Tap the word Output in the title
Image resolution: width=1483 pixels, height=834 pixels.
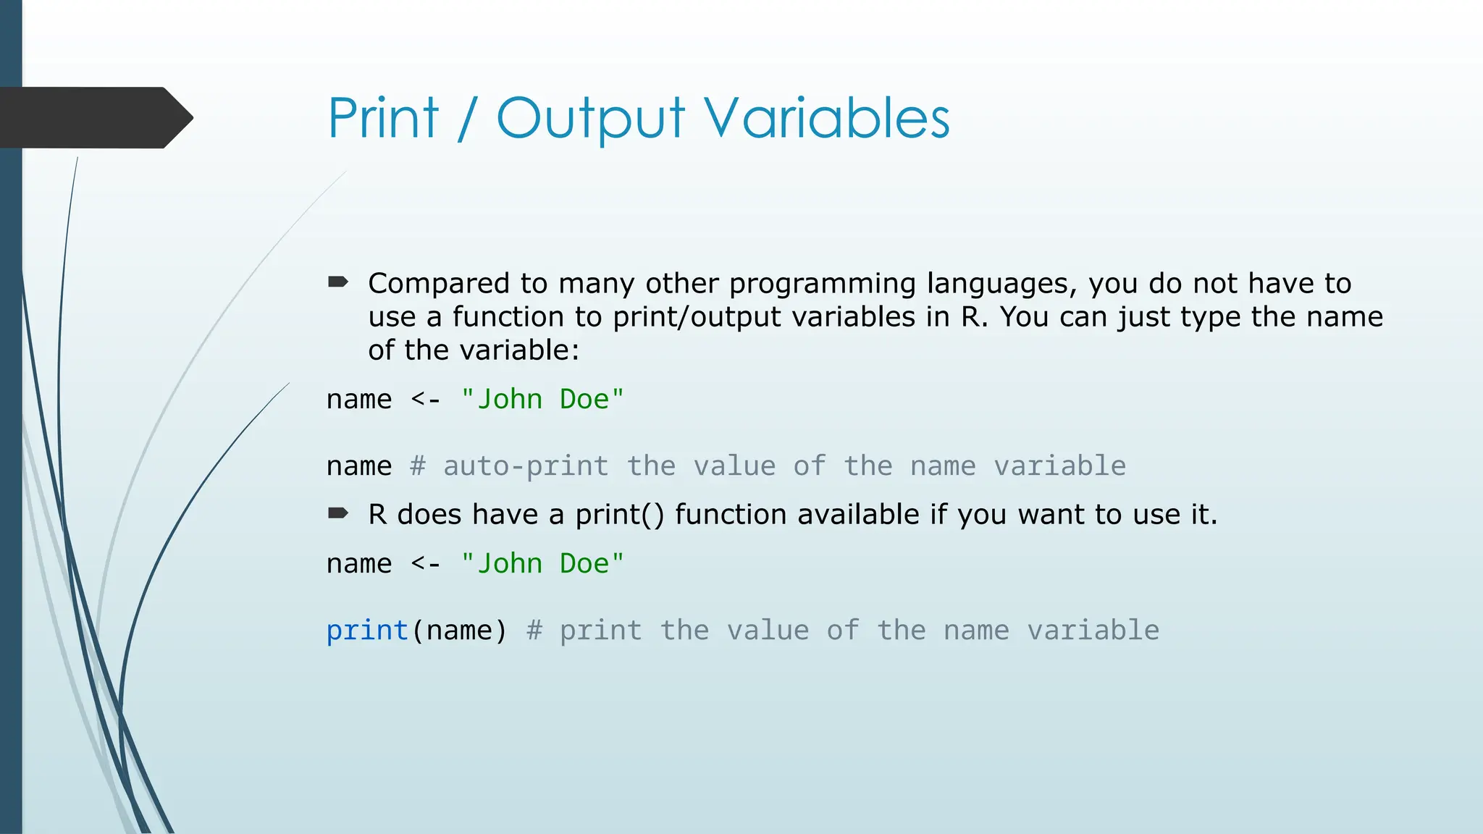(x=590, y=119)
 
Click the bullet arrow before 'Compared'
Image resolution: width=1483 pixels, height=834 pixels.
(x=338, y=282)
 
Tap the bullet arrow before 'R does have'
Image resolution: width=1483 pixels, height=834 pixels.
(x=338, y=514)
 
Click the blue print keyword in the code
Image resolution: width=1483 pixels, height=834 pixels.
(x=367, y=631)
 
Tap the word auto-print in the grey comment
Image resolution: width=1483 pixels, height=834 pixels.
(x=526, y=466)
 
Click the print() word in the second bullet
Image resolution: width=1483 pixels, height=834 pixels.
(x=619, y=515)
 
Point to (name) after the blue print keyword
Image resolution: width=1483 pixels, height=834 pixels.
(x=459, y=631)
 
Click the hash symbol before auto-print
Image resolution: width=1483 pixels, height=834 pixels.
(x=418, y=466)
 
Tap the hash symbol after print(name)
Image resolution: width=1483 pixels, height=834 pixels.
(x=534, y=631)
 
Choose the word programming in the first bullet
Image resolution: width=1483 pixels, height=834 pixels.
(x=823, y=285)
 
